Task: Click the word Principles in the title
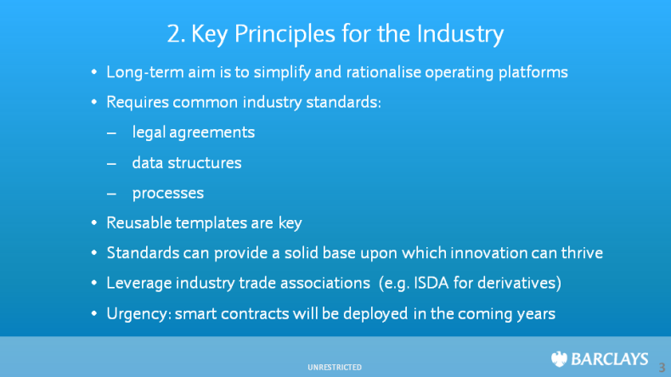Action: (x=285, y=34)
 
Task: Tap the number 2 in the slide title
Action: (x=174, y=33)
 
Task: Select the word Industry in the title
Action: (x=460, y=34)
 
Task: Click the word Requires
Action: (x=138, y=103)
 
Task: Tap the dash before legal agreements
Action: (x=111, y=133)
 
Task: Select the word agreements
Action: (x=211, y=132)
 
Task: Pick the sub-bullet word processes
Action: (x=168, y=194)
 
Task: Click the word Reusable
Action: (x=139, y=222)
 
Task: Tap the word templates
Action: (x=211, y=223)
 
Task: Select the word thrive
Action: (x=582, y=252)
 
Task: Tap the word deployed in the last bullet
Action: (x=375, y=314)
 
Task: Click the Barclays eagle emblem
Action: (x=559, y=359)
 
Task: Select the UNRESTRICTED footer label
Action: (x=335, y=367)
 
